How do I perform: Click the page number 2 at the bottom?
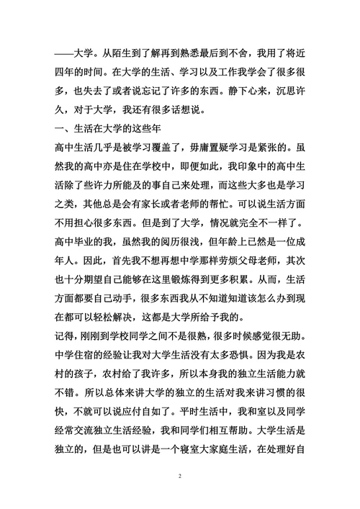point(180,477)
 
